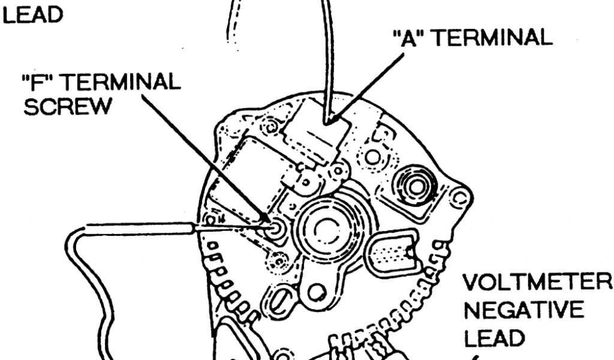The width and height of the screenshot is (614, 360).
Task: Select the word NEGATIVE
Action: point(516,311)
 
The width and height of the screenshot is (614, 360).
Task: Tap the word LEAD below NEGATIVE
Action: point(495,340)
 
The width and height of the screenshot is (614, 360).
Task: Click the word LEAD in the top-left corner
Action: point(33,14)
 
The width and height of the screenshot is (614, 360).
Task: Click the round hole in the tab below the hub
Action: point(316,293)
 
